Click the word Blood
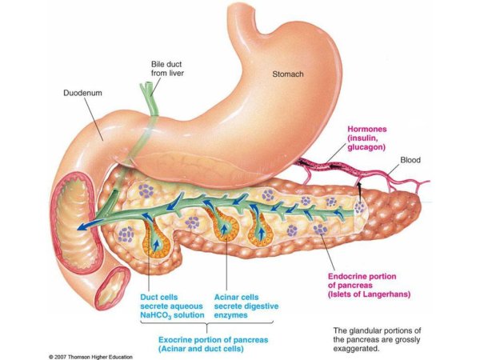coord(410,160)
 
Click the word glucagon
coord(367,147)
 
